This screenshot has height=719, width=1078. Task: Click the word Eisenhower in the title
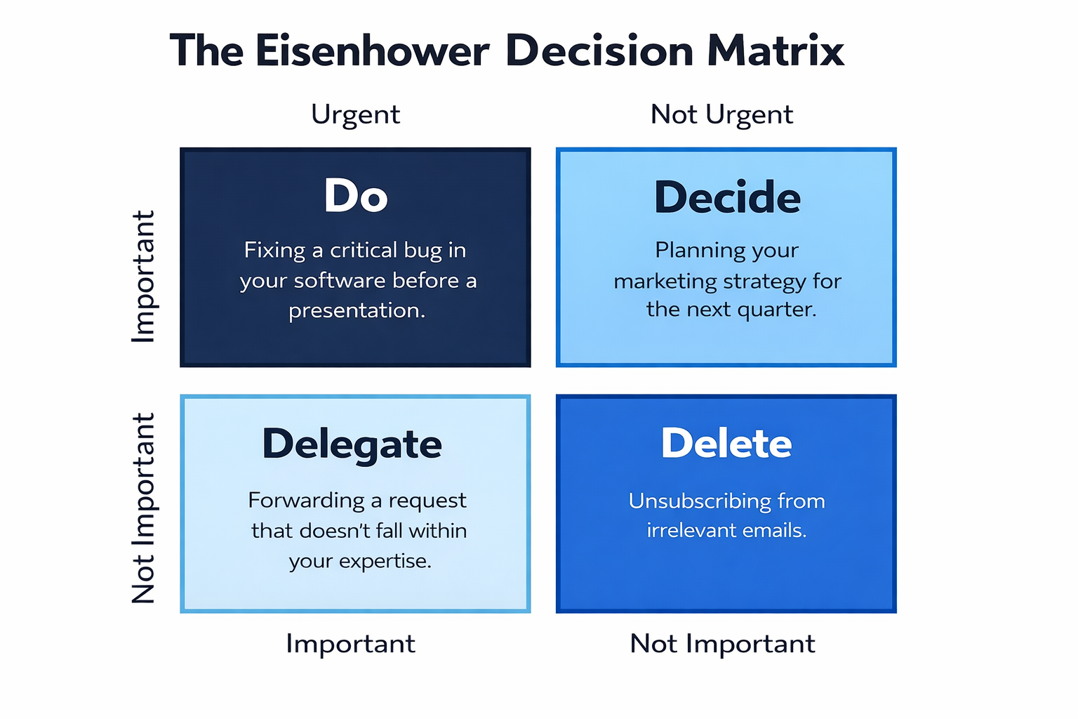[x=373, y=51]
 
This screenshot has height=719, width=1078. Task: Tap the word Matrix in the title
[x=776, y=51]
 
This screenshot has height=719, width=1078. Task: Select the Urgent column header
[x=355, y=115]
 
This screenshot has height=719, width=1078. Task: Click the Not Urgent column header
[x=721, y=115]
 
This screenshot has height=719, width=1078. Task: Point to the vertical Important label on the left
[x=143, y=277]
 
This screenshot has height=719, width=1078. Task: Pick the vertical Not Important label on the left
[x=143, y=508]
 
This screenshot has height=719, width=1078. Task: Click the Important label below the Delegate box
[x=350, y=644]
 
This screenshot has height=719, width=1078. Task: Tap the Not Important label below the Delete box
[x=722, y=643]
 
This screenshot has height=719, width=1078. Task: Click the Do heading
[x=356, y=195]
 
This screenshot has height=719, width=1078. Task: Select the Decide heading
[x=726, y=197]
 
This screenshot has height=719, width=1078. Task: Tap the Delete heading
[x=726, y=442]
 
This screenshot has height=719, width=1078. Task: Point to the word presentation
[x=357, y=311]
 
